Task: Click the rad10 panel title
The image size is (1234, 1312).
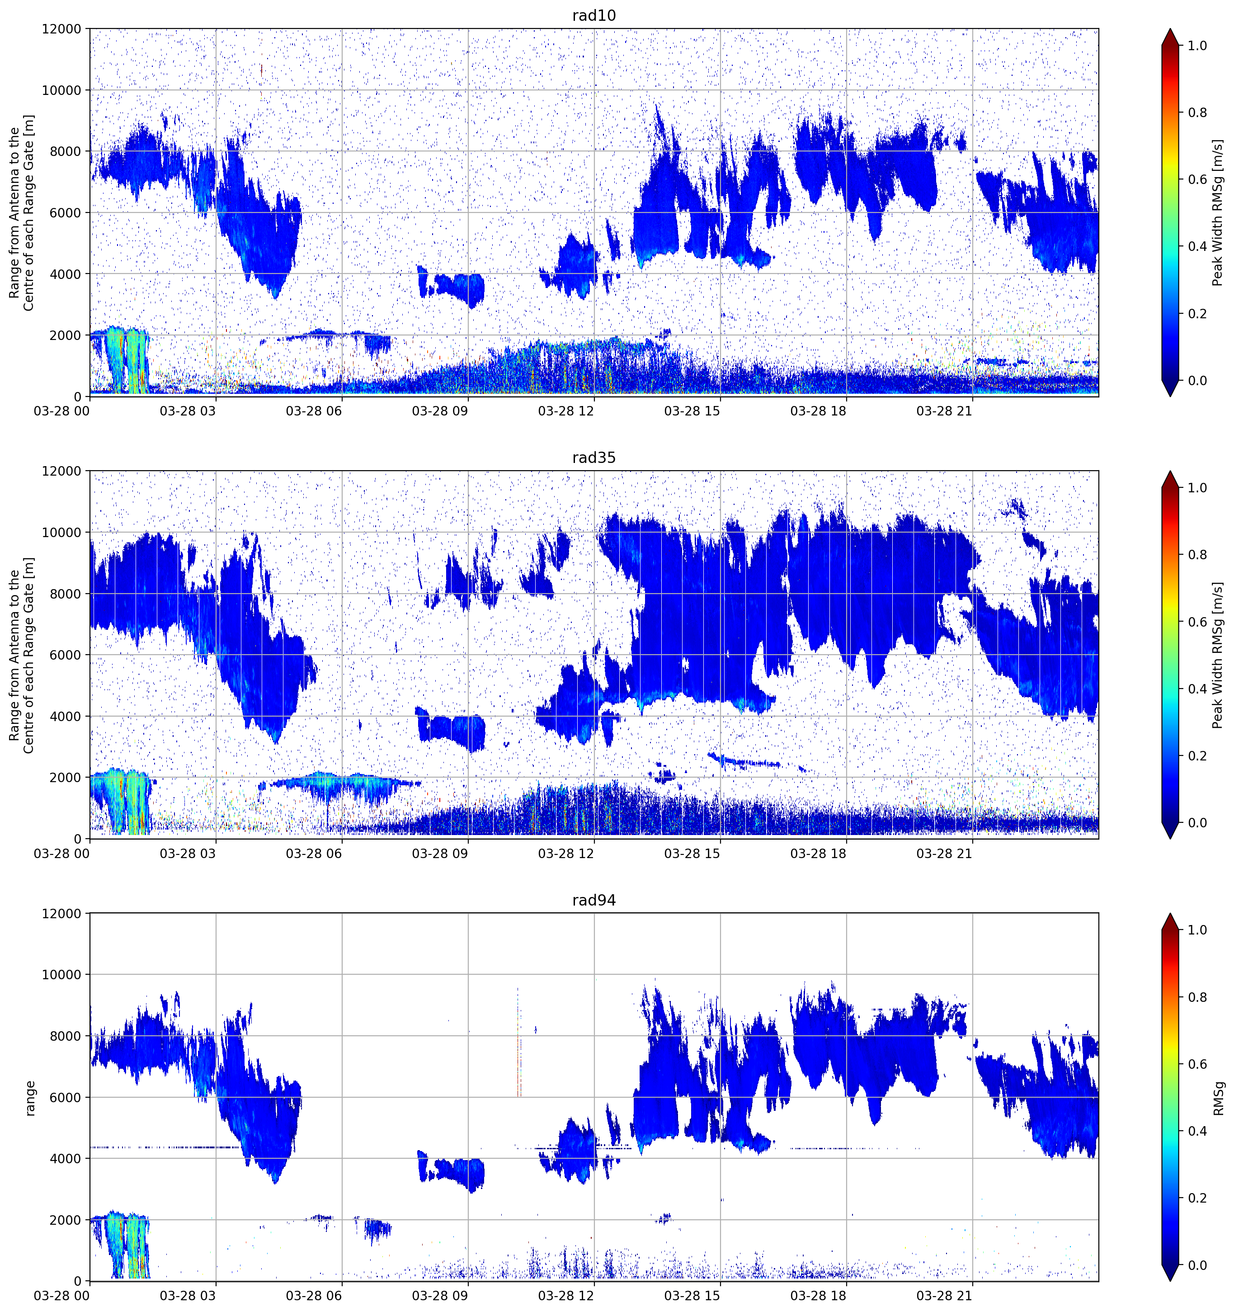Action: pos(594,15)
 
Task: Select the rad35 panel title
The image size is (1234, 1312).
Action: pos(594,458)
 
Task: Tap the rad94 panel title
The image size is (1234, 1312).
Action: pos(594,900)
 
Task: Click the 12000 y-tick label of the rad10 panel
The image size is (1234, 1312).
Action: pos(61,29)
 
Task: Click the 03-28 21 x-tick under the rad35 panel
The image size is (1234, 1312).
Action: pos(944,853)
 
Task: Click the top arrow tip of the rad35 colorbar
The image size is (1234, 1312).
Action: pos(1170,471)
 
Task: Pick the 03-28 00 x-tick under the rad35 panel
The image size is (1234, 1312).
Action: pos(61,853)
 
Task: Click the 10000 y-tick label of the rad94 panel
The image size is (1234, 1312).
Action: pos(61,975)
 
